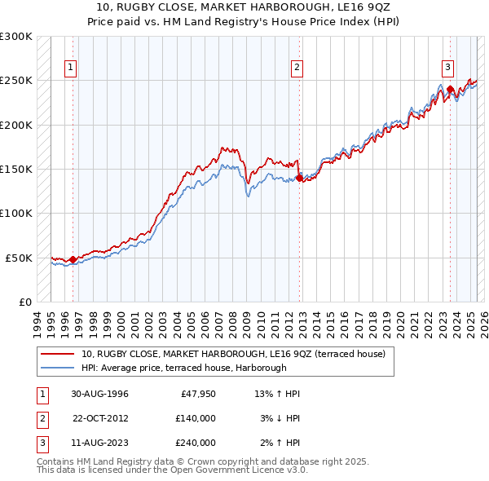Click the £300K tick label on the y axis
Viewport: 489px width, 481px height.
pos(15,37)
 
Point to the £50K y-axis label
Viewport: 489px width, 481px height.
pos(19,258)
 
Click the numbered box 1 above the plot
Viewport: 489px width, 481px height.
pos(71,68)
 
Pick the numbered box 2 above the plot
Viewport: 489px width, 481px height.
pos(297,68)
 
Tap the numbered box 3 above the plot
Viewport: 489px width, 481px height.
pos(448,68)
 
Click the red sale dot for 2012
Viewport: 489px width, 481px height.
pos(299,178)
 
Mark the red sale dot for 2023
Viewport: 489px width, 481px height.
pos(450,90)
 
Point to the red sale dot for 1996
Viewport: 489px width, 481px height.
pos(73,259)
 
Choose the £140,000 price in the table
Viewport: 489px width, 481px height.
pos(196,419)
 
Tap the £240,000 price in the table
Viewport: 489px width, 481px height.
pos(196,443)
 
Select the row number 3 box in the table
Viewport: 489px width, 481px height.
pos(42,443)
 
